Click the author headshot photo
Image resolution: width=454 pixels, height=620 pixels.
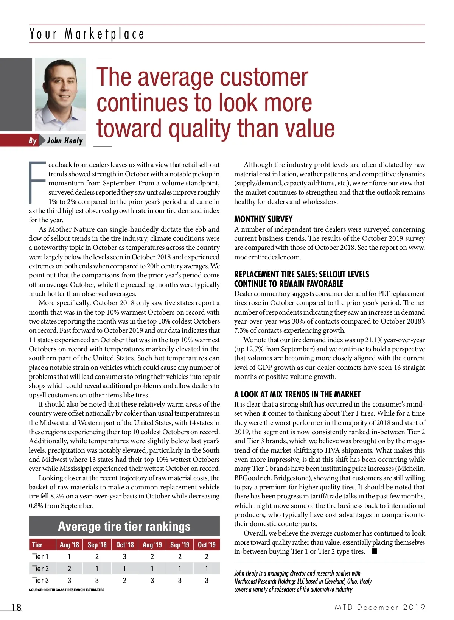pyautogui.click(x=61, y=95)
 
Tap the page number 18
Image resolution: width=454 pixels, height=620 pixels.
pyautogui.click(x=16, y=607)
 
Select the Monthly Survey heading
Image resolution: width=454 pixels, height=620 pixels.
pyautogui.click(x=263, y=219)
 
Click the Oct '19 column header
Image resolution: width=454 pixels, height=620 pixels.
pyautogui.click(x=207, y=545)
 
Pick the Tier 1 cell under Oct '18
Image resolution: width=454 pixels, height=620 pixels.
pyautogui.click(x=124, y=556)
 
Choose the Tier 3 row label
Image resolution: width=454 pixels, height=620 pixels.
pyautogui.click(x=40, y=580)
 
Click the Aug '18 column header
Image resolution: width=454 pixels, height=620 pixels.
pyautogui.click(x=69, y=545)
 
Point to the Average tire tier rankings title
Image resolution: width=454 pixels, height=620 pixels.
pyautogui.click(x=124, y=526)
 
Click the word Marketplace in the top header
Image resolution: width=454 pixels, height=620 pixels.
pyautogui.click(x=104, y=34)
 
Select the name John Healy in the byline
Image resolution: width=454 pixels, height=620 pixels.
pyautogui.click(x=65, y=141)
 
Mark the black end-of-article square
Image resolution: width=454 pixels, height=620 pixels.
pyautogui.click(x=375, y=551)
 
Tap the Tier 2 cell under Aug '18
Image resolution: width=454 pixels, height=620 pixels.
pyautogui.click(x=69, y=569)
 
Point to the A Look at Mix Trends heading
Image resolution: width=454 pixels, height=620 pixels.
pyautogui.click(x=297, y=394)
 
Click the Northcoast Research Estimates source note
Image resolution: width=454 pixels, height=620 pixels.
pyautogui.click(x=67, y=590)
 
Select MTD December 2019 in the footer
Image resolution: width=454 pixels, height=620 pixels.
pyautogui.click(x=380, y=607)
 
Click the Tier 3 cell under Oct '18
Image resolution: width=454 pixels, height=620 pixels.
pyautogui.click(x=124, y=580)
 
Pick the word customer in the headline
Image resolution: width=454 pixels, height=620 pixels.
pyautogui.click(x=264, y=78)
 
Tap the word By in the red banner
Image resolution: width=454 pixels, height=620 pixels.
pyautogui.click(x=33, y=141)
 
